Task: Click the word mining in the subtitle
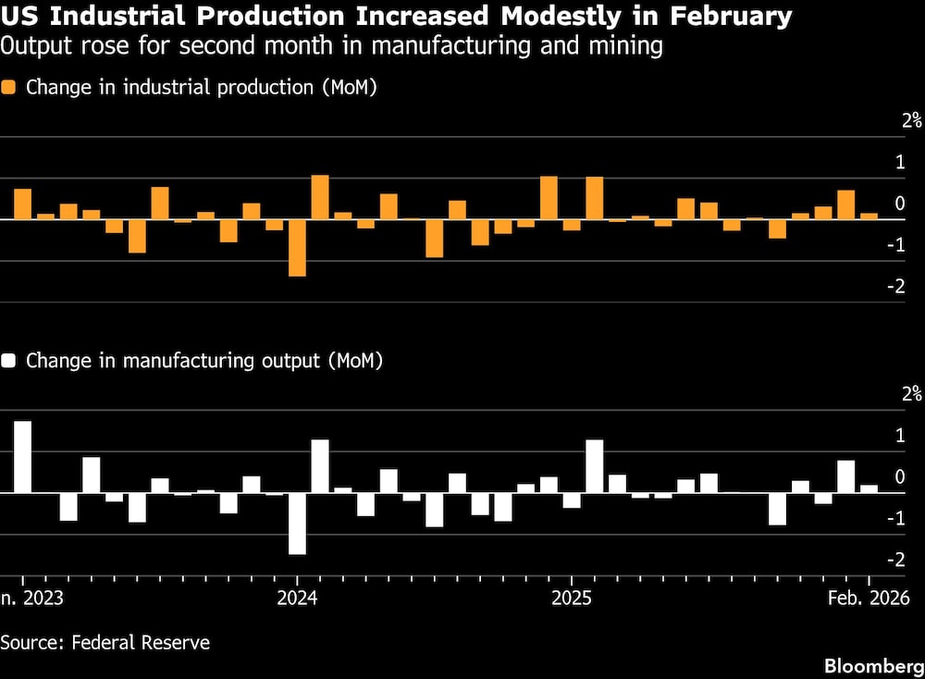tap(622, 46)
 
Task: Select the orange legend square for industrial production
tap(9, 88)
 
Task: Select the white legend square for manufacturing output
tap(9, 361)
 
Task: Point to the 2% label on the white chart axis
tap(911, 393)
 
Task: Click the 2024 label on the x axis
tap(297, 598)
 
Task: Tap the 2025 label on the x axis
tap(572, 598)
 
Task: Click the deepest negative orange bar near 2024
tap(297, 247)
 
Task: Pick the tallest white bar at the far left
tap(22, 457)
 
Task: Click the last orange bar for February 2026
tap(869, 216)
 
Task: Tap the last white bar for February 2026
tap(869, 488)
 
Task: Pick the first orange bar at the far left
tap(22, 204)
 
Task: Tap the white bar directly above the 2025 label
tap(572, 500)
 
